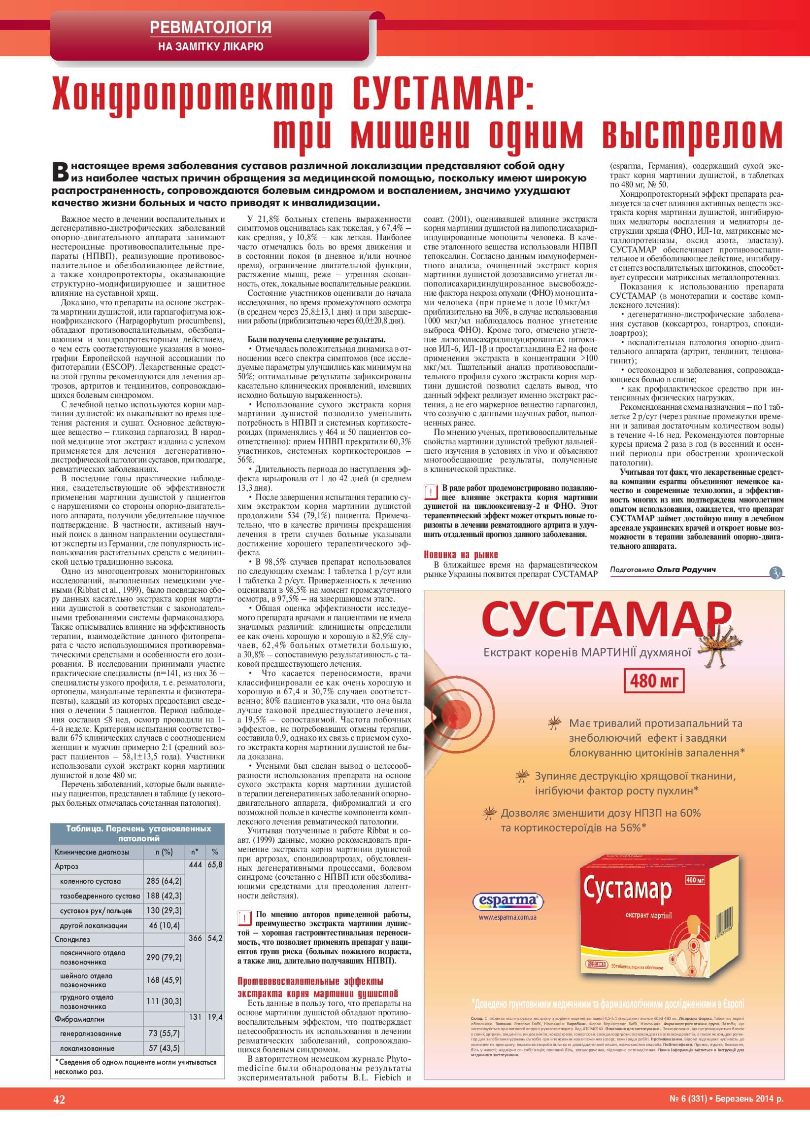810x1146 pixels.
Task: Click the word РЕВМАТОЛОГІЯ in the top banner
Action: click(210, 27)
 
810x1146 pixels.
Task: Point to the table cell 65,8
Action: click(215, 864)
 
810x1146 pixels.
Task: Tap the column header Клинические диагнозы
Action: click(92, 852)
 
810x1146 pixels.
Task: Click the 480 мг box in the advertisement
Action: click(654, 680)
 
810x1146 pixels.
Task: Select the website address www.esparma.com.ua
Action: click(507, 917)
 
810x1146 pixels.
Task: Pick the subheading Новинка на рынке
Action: click(461, 555)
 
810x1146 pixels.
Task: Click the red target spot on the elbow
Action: click(454, 707)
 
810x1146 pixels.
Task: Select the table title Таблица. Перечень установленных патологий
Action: click(138, 833)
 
